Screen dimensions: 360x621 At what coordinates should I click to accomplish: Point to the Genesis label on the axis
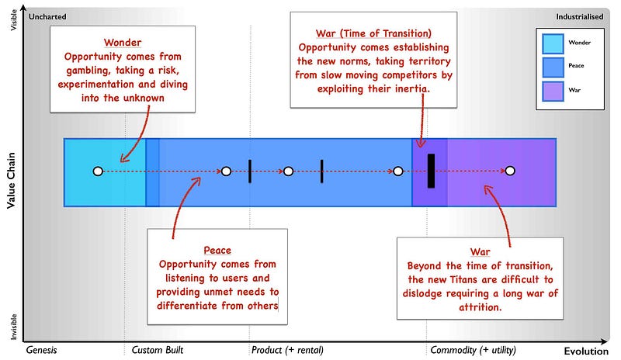42,350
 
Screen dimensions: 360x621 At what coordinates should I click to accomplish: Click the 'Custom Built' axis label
158,350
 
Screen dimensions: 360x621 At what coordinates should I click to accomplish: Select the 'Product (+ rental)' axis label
288,350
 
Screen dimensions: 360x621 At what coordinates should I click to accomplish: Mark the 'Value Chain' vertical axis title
12,181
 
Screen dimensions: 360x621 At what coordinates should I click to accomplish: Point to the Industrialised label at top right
580,16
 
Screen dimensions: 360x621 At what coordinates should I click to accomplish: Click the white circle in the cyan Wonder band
97,171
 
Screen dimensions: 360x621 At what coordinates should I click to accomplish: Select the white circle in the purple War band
510,171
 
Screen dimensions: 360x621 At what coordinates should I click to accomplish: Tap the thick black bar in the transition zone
432,171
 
